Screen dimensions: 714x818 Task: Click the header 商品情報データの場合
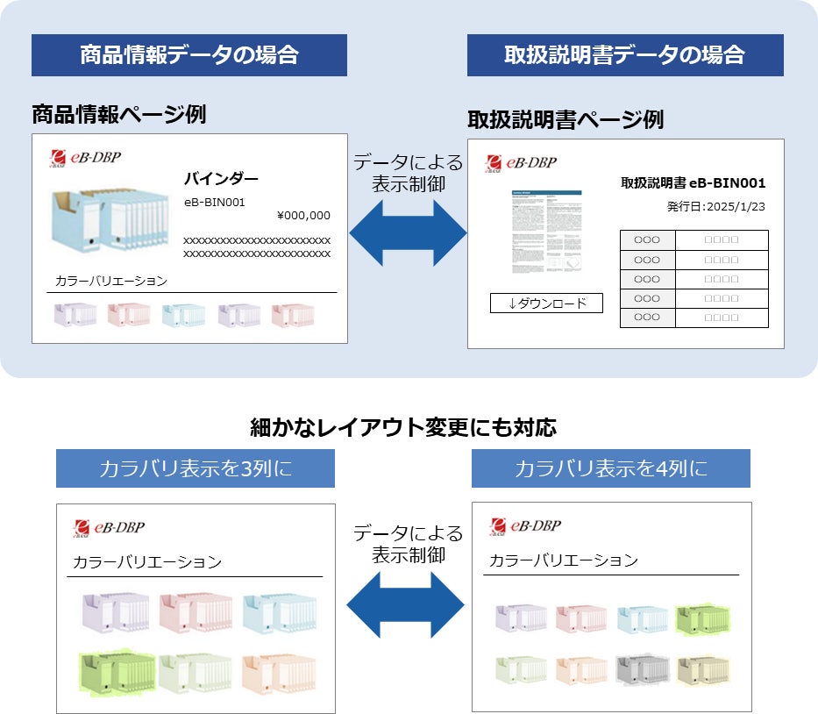tap(188, 55)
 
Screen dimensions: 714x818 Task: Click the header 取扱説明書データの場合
tap(624, 55)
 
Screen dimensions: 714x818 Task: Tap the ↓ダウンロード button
tap(546, 303)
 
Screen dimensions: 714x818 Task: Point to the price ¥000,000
tap(303, 216)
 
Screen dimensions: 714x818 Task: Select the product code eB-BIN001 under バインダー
tap(214, 203)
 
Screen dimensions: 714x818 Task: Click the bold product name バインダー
tap(221, 179)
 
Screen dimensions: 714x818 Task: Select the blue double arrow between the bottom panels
tap(405, 606)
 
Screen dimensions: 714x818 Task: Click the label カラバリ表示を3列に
tap(195, 469)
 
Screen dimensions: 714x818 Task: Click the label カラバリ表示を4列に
tap(610, 468)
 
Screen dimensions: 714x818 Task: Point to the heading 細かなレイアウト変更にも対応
tap(403, 428)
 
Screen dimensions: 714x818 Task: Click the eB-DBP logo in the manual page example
tap(521, 162)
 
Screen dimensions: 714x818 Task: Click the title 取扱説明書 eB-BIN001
tap(693, 183)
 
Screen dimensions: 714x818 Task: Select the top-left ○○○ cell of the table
tap(647, 239)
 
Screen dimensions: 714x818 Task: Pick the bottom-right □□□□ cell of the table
tap(722, 318)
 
